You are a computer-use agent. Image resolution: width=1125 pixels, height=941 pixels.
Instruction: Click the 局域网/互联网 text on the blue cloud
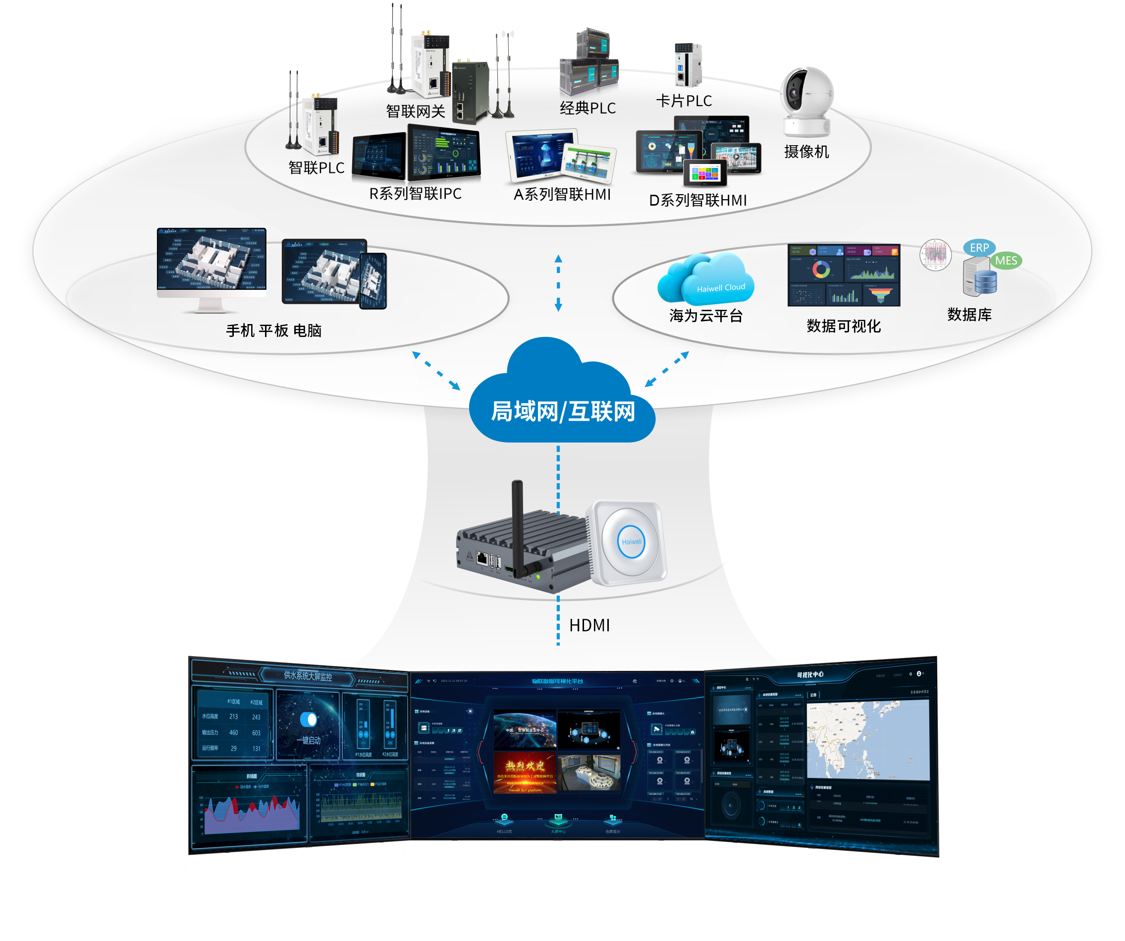(563, 412)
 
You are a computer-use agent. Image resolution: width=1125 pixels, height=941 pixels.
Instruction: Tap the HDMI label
(589, 625)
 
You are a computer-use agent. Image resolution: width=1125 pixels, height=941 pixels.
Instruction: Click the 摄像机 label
(806, 152)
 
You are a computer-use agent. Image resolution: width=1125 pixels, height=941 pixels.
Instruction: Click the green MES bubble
(1006, 261)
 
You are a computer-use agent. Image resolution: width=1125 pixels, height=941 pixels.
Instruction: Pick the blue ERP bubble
(979, 248)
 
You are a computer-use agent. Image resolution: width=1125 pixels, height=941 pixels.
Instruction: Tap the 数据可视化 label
(843, 326)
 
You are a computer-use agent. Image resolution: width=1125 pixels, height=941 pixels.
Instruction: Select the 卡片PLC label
(684, 101)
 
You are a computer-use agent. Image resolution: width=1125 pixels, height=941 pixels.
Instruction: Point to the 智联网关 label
(416, 111)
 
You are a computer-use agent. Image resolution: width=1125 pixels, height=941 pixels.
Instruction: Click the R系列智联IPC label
(415, 194)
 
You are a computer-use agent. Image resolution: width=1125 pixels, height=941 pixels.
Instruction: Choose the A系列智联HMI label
(562, 195)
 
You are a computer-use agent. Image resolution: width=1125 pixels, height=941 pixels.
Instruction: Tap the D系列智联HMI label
(697, 200)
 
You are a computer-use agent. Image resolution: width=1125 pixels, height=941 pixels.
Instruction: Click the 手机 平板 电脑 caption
(274, 331)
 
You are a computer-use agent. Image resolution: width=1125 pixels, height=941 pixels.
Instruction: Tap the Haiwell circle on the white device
(631, 542)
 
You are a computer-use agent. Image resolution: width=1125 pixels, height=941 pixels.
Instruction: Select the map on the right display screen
(868, 739)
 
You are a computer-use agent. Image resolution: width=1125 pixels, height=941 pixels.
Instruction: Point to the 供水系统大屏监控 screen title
(308, 676)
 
